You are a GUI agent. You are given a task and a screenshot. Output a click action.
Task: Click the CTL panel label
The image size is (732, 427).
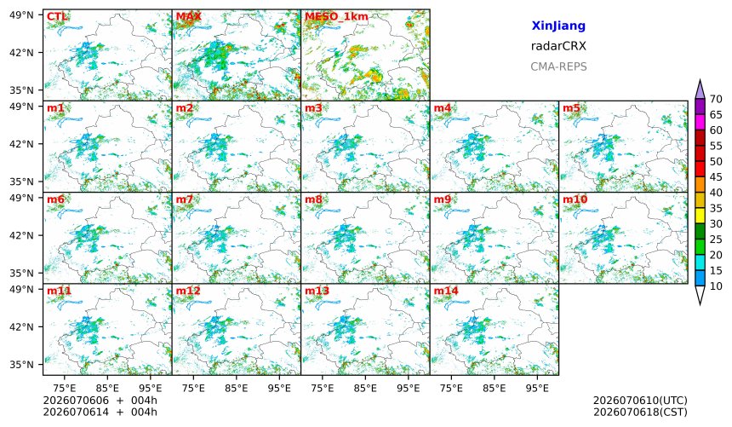coord(57,17)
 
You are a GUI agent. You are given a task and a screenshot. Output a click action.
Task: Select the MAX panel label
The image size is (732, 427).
coord(189,17)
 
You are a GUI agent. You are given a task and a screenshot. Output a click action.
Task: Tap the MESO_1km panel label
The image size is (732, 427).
coord(336,17)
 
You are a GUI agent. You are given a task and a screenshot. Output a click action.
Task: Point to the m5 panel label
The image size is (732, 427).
coord(571,108)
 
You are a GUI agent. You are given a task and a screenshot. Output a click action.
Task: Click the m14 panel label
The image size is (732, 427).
coord(446,291)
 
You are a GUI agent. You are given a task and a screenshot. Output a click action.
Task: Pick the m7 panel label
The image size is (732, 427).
coord(185,199)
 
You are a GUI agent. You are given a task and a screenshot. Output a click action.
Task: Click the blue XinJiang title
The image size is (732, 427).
coord(558,26)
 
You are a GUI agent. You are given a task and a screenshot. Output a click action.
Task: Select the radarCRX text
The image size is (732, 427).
coord(558,46)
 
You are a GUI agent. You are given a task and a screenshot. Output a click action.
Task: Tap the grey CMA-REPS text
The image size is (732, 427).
coord(558,66)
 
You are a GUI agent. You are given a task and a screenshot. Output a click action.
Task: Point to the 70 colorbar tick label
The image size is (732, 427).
coord(716,99)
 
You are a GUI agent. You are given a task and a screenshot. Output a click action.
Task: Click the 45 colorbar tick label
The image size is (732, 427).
coord(716,176)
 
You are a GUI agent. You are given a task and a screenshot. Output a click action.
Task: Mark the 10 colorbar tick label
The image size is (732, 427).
coord(716,286)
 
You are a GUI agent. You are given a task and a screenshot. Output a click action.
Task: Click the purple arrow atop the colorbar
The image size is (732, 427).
coord(700,89)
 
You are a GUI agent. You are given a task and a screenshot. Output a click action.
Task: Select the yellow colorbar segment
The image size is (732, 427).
coord(700,216)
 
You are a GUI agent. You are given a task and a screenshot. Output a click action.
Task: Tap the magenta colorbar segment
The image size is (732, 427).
coord(700,122)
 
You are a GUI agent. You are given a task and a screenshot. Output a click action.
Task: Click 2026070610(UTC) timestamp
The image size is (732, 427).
coord(640,401)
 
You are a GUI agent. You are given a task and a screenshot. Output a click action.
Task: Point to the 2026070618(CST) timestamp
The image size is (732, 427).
coord(640,412)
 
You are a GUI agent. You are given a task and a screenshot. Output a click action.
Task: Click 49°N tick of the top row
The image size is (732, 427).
coord(21,15)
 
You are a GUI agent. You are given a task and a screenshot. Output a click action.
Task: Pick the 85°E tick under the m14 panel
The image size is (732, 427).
coord(494,388)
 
